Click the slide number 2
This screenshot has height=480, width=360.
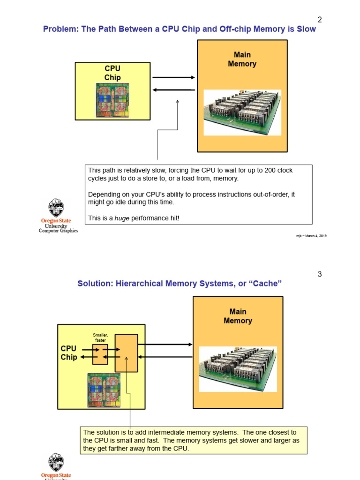(x=320, y=20)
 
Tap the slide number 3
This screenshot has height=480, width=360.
(x=320, y=274)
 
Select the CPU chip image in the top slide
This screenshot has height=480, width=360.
(x=112, y=100)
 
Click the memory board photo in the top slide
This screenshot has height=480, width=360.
(x=242, y=112)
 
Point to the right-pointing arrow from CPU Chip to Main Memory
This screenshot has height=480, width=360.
(x=173, y=77)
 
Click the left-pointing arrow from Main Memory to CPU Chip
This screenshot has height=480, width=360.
(x=173, y=90)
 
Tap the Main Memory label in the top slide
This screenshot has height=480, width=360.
(x=242, y=60)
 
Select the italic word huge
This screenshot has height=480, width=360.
(x=123, y=218)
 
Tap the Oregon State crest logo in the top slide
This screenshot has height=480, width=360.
(x=56, y=208)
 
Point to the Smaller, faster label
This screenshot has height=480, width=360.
(x=100, y=337)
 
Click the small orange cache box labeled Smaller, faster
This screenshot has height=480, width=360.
(x=100, y=354)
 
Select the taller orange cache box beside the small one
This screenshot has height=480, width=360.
(x=126, y=353)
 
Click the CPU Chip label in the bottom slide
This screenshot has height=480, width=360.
(x=69, y=353)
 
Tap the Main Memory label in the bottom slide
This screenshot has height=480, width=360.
(x=238, y=316)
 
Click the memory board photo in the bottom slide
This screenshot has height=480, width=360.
(x=238, y=369)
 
